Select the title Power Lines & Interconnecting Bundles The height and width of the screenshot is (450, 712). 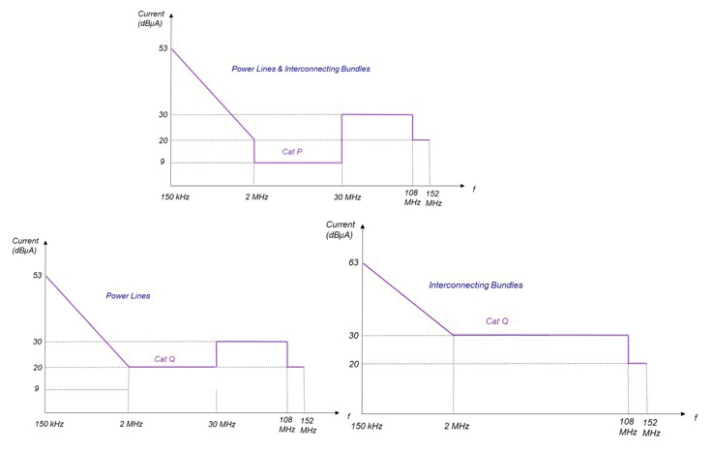click(301, 70)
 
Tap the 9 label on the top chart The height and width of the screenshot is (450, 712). click(162, 163)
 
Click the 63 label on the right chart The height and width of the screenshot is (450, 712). click(353, 262)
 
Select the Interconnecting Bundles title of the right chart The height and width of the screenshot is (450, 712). click(475, 285)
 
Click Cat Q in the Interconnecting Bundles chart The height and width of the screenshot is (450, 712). click(497, 321)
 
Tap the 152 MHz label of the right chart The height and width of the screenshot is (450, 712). click(650, 427)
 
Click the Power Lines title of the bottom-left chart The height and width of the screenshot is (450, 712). click(128, 295)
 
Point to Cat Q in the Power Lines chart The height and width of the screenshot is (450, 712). click(164, 358)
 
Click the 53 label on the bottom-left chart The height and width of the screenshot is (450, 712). click(38, 276)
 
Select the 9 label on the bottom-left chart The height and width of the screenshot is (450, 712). click(36, 390)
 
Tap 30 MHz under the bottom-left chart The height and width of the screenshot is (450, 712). click(221, 425)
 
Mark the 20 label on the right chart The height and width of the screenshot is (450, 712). click(353, 364)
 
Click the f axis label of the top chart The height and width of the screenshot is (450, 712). click(474, 189)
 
